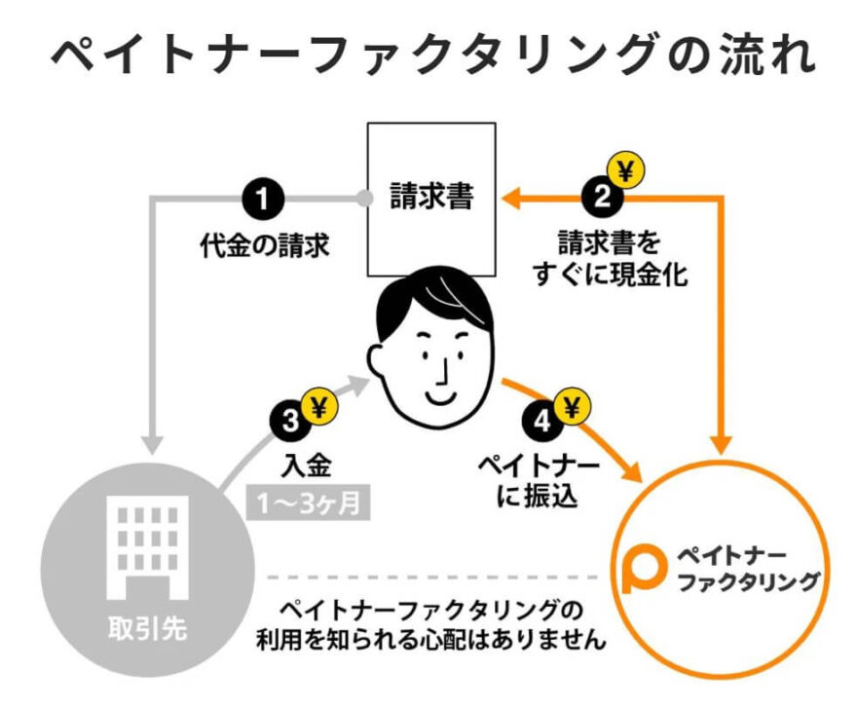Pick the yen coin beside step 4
[572, 404]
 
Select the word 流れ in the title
[768, 56]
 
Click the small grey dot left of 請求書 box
[365, 199]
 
